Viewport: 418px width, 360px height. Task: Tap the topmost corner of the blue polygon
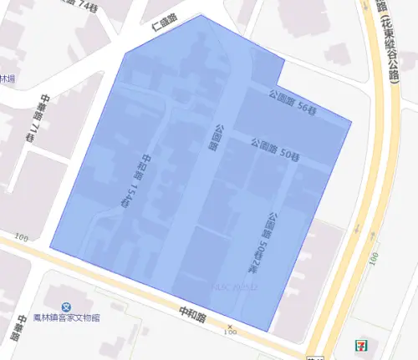201,14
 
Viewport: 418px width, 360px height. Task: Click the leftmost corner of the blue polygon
50,248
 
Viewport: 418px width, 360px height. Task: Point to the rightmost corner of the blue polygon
350,123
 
